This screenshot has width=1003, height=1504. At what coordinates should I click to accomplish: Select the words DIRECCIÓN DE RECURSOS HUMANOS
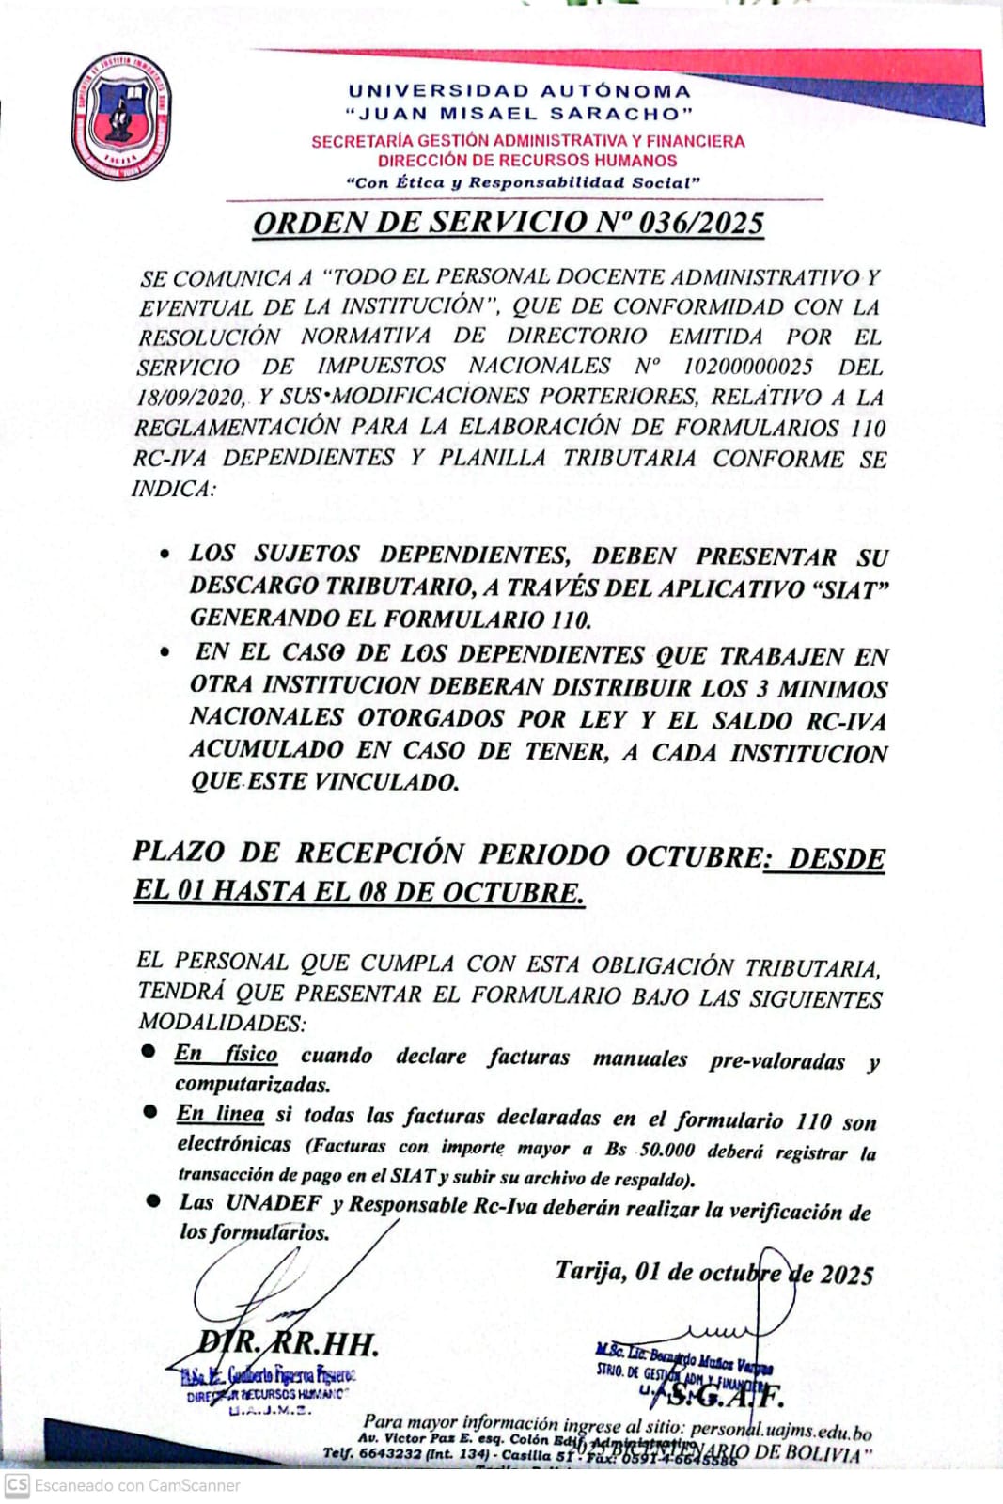pos(527,160)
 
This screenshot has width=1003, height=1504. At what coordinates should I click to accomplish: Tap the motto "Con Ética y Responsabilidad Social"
pos(523,182)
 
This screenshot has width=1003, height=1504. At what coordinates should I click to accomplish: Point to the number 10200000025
pos(747,367)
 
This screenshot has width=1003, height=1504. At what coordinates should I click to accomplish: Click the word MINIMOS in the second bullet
pos(833,688)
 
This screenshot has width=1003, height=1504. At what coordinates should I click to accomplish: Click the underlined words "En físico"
pos(226,1054)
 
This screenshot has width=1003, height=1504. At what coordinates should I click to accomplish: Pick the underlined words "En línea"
pos(220,1114)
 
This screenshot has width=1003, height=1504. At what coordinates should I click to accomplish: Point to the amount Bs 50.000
pos(650,1149)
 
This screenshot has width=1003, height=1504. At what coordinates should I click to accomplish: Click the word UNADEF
pos(274,1203)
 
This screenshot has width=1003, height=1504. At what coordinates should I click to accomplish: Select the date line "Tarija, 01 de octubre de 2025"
pos(714,1273)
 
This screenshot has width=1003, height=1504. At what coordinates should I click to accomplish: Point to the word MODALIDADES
pos(221,1022)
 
